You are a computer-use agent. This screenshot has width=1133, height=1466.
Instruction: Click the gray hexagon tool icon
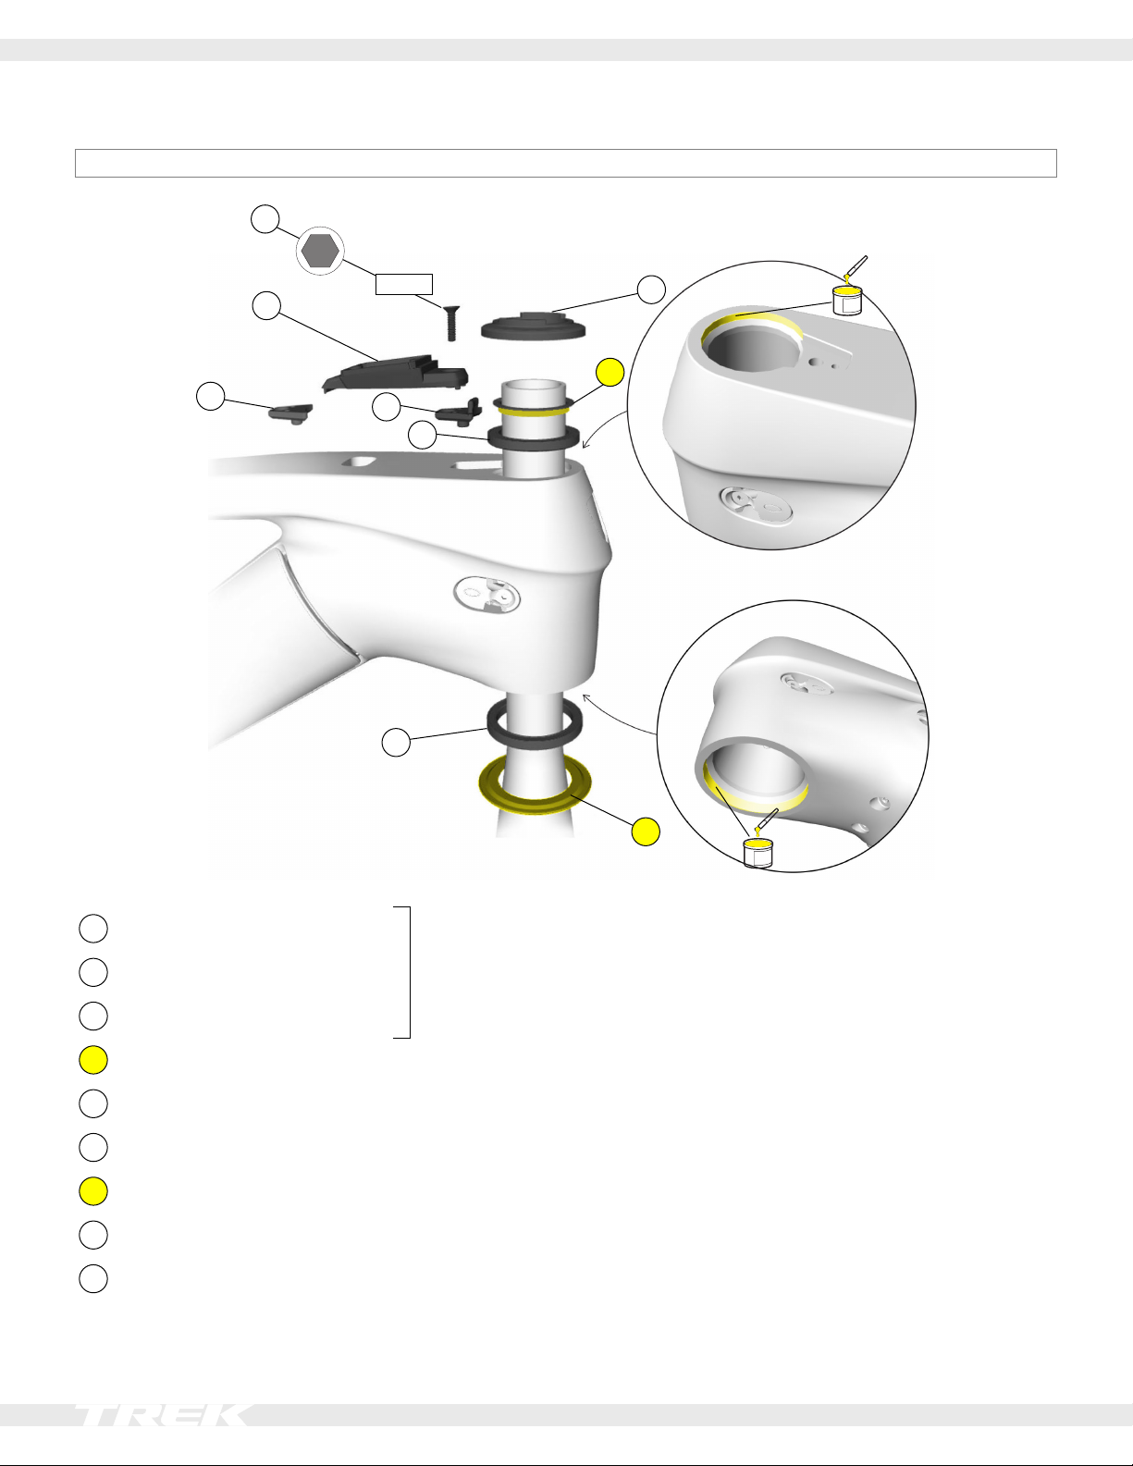coord(320,251)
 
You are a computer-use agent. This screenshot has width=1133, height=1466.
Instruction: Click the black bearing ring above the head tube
coord(533,437)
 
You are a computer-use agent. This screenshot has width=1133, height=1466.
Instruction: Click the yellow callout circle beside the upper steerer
coord(610,373)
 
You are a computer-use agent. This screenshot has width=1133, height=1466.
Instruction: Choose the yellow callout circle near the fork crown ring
coord(646,832)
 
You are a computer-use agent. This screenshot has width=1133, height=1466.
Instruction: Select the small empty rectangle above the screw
coord(403,285)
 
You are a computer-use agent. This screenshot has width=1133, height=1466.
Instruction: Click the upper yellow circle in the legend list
coord(93,1060)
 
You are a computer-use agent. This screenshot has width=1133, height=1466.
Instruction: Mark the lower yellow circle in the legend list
coord(93,1190)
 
